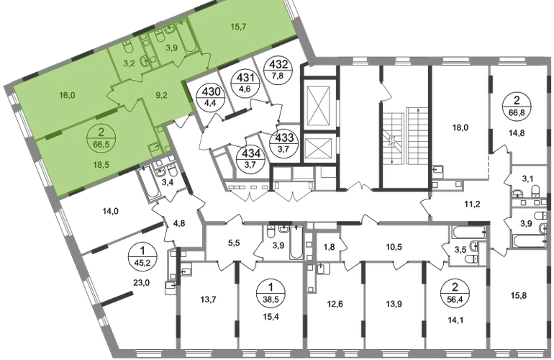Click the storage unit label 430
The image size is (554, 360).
pos(211,92)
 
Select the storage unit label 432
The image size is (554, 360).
pos(280,64)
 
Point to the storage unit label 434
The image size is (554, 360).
pos(253,153)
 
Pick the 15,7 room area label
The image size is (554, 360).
pos(238,27)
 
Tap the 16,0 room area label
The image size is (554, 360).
pos(67,95)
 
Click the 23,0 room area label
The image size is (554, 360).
pos(139,282)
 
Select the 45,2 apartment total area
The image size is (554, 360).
pos(142,262)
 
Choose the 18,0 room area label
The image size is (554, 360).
pos(460,127)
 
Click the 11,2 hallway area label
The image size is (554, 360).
pos(473,203)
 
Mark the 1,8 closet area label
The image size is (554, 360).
pos(329,247)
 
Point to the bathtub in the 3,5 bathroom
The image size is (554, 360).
pos(469,232)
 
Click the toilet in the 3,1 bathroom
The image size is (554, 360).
pos(535,191)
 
